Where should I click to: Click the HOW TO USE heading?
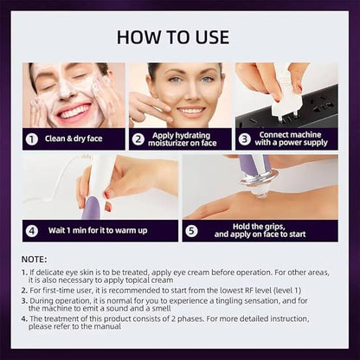(x=173, y=37)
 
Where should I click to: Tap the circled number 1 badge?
(x=32, y=139)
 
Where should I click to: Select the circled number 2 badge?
(x=138, y=139)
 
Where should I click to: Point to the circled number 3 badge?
(x=245, y=139)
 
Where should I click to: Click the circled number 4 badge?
(x=32, y=231)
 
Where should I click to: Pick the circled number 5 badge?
(x=191, y=231)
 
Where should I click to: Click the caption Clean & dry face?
(x=74, y=138)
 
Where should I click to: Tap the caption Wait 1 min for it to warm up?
(x=98, y=230)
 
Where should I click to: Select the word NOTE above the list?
(x=34, y=260)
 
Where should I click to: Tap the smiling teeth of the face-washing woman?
(x=75, y=111)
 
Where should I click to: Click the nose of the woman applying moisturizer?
(x=188, y=93)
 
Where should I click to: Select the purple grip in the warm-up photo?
(x=92, y=208)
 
